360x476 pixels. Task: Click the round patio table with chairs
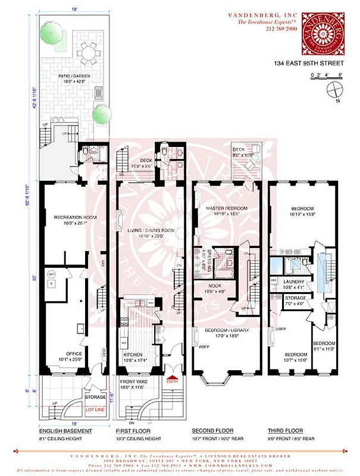point(89,52)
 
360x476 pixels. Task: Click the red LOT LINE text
point(95,409)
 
